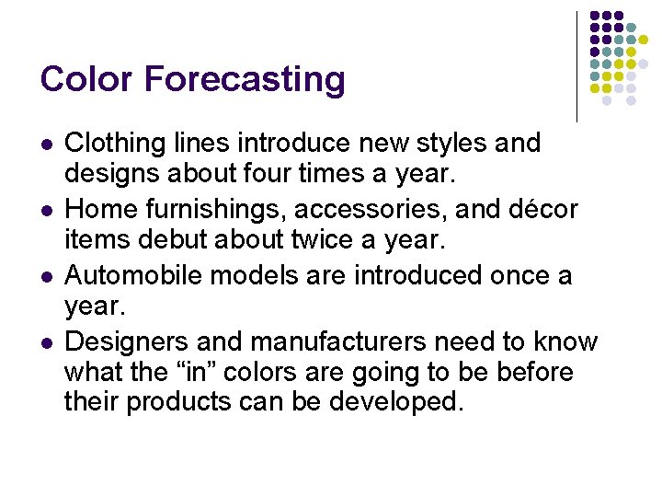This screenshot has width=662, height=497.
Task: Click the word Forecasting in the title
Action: [x=245, y=79]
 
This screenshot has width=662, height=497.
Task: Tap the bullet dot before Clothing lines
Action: [x=46, y=144]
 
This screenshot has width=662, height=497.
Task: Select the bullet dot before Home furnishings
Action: [x=46, y=211]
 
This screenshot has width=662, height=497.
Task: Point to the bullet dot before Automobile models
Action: [x=46, y=276]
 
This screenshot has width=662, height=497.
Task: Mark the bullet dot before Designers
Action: [x=46, y=342]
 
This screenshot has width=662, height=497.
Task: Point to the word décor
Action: [x=544, y=210]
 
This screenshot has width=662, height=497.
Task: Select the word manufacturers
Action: [x=337, y=341]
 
